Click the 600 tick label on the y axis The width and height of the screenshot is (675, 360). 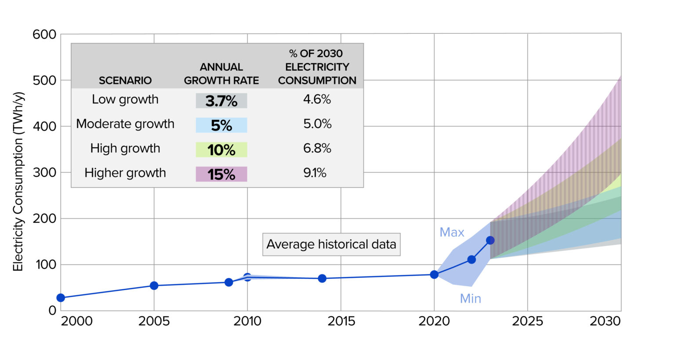(x=44, y=34)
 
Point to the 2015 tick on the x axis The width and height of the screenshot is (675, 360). (x=341, y=321)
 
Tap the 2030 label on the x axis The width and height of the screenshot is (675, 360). (x=605, y=321)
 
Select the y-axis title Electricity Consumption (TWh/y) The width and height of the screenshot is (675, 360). (x=18, y=181)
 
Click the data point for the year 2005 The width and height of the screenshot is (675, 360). (x=154, y=286)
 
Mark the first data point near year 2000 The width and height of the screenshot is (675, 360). (x=61, y=298)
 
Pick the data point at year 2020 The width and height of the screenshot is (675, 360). (x=434, y=275)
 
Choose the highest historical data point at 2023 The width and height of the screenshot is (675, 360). (x=490, y=240)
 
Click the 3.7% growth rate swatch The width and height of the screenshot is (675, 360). (x=221, y=101)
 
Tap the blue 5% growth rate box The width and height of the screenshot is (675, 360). (x=221, y=125)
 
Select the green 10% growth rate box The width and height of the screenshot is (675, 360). (x=221, y=150)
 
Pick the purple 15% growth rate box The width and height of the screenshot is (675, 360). (x=221, y=175)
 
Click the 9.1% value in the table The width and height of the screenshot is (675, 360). (x=315, y=173)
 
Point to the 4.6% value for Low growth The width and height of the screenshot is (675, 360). (x=317, y=99)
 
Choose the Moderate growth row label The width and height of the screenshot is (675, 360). (x=125, y=124)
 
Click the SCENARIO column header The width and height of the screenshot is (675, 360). (x=125, y=80)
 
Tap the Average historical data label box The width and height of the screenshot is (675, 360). (x=331, y=244)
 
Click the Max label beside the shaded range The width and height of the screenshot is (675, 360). (x=452, y=232)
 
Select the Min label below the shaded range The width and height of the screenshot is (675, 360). (x=470, y=299)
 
